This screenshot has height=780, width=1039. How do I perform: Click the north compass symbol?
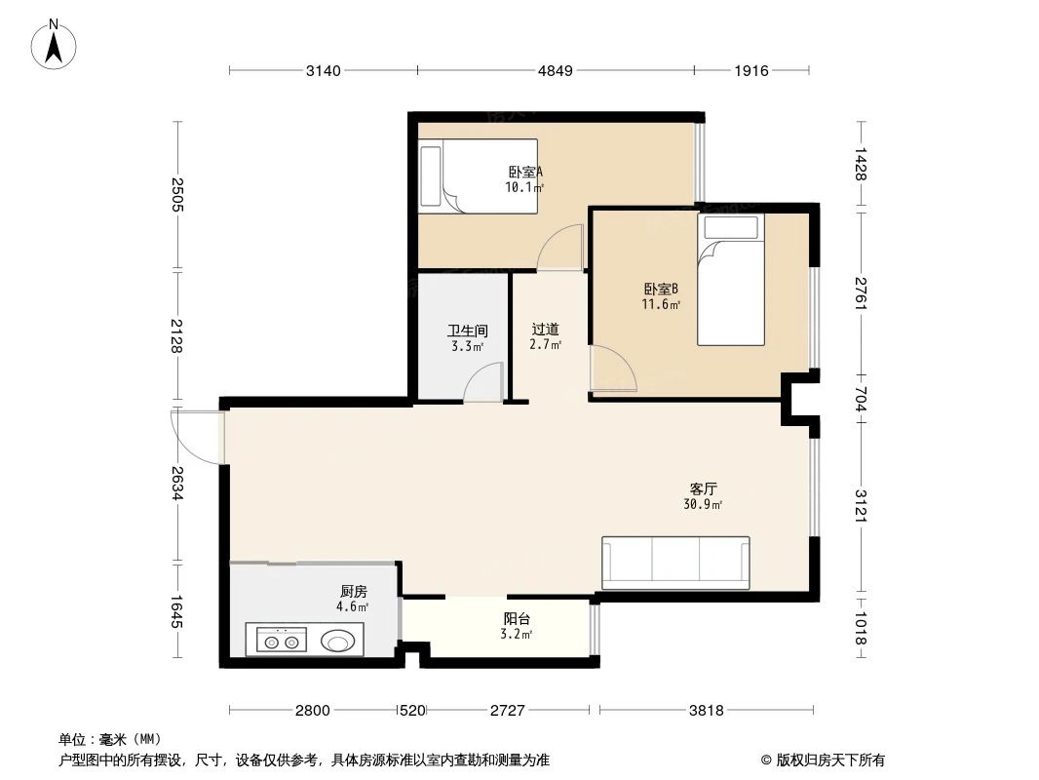pyautogui.click(x=55, y=44)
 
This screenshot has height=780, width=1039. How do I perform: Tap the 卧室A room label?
pyautogui.click(x=524, y=173)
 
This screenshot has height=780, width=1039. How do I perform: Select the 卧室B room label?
pyautogui.click(x=660, y=290)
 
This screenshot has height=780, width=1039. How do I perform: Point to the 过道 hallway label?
pyautogui.click(x=545, y=331)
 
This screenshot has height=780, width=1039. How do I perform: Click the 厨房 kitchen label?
pyautogui.click(x=353, y=592)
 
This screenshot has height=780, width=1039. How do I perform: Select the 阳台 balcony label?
pyautogui.click(x=517, y=619)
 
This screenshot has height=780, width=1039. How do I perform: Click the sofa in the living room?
pyautogui.click(x=675, y=563)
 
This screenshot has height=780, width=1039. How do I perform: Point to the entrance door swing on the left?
pyautogui.click(x=195, y=436)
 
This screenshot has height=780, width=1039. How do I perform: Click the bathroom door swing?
pyautogui.click(x=483, y=381)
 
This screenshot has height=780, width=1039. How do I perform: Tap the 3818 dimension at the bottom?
pyautogui.click(x=707, y=711)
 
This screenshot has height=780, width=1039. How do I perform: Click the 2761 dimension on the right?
pyautogui.click(x=860, y=293)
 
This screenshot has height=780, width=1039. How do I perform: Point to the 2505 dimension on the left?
pyautogui.click(x=176, y=195)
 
